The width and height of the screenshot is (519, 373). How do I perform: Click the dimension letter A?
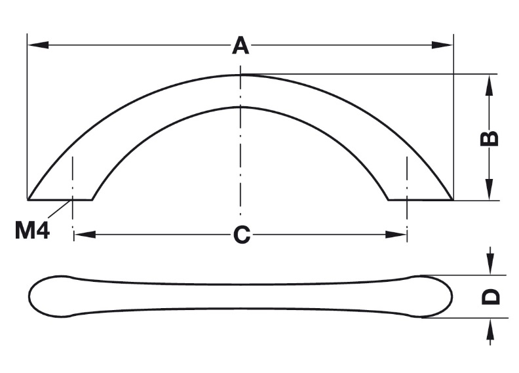pos(240,46)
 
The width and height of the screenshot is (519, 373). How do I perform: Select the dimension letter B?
pos(490,138)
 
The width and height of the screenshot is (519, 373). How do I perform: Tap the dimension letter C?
pos(242,235)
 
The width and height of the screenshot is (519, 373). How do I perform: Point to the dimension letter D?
pos(491,296)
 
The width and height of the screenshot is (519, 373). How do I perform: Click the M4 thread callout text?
pos(32,230)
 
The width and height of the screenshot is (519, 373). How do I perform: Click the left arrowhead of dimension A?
pos(38,45)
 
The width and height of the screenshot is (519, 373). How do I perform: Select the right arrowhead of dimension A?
pos(442,45)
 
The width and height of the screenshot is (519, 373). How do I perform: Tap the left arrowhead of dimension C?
pos(85,235)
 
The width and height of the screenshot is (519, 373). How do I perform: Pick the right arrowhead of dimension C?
pos(396,235)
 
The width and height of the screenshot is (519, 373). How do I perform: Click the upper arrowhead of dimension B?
pos(490,85)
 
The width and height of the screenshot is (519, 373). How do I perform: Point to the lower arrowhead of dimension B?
pos(490,189)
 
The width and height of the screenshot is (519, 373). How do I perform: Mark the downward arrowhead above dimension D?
pos(491,264)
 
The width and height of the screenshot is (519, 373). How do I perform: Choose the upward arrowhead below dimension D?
pos(491,329)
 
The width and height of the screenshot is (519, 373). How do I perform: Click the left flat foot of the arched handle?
pos(60,200)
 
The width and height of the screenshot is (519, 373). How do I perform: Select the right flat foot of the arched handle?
pos(421,200)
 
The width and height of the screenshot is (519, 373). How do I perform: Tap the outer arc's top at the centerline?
pos(240,75)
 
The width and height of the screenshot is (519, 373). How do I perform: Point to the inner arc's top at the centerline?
pos(240,108)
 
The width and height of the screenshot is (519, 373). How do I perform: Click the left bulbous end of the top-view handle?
pos(50,296)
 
